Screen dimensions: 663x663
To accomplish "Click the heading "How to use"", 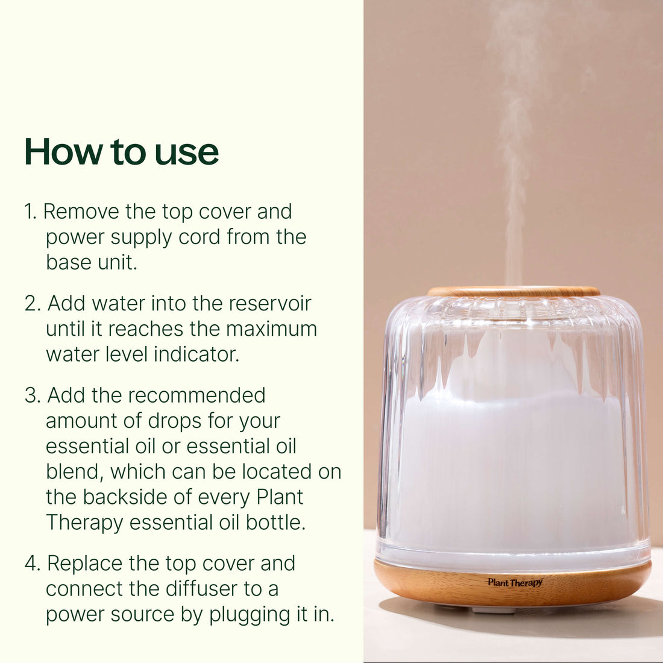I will tap(121, 151).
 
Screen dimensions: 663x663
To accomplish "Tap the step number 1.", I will tap(31, 212).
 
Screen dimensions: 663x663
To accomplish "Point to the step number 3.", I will tap(33, 396).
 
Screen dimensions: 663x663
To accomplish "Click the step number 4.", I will tap(33, 564).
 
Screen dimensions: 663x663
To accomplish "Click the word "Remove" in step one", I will tap(81, 212).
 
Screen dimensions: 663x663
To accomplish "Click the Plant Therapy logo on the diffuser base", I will tap(515, 582).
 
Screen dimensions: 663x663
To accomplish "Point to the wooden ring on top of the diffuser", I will tap(514, 292).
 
